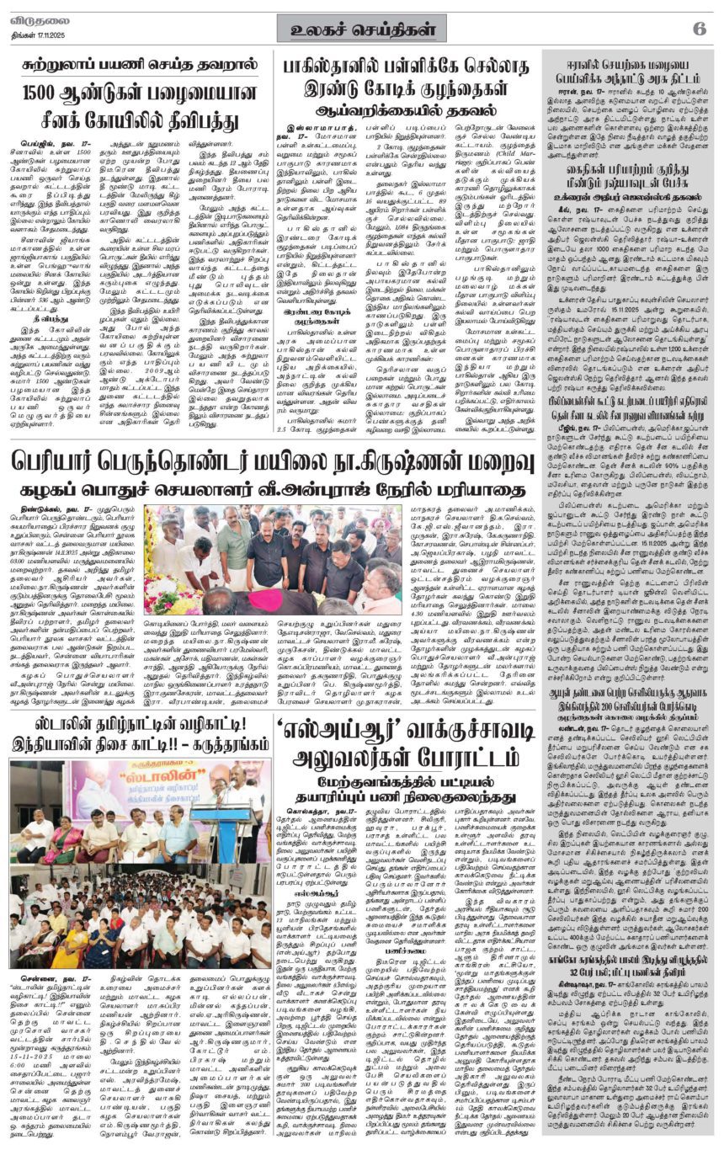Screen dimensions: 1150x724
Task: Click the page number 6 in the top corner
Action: [x=699, y=28]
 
